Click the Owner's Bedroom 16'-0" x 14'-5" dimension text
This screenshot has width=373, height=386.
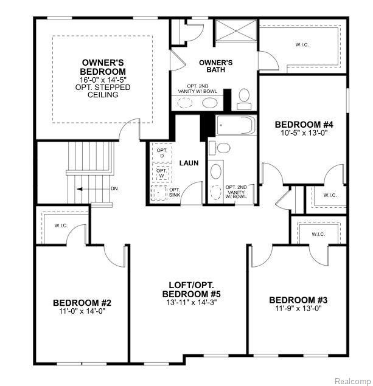[103, 80]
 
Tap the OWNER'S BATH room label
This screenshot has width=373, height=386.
[215, 66]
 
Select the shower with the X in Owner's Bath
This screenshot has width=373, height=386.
[236, 30]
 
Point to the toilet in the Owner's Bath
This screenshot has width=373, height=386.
[244, 99]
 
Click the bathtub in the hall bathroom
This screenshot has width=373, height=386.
[236, 125]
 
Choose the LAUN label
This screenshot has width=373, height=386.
[189, 163]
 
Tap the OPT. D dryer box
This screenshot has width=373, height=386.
[162, 153]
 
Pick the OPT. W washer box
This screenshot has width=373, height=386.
[162, 173]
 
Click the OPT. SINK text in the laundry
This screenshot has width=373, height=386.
[175, 193]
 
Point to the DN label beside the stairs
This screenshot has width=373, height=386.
[114, 189]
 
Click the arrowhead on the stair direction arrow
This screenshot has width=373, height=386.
[79, 189]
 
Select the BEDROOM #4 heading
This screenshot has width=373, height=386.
[304, 125]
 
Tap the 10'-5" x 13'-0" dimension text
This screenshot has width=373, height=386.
[304, 133]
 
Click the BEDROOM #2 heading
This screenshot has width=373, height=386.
[82, 303]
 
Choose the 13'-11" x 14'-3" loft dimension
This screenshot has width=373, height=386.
[192, 302]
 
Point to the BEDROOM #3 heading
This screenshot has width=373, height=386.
[298, 300]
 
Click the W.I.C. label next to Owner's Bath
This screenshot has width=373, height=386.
[302, 45]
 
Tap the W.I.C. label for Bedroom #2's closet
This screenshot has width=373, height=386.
[61, 226]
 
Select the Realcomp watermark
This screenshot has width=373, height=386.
[353, 381]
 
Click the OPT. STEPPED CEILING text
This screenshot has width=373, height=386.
[103, 91]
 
